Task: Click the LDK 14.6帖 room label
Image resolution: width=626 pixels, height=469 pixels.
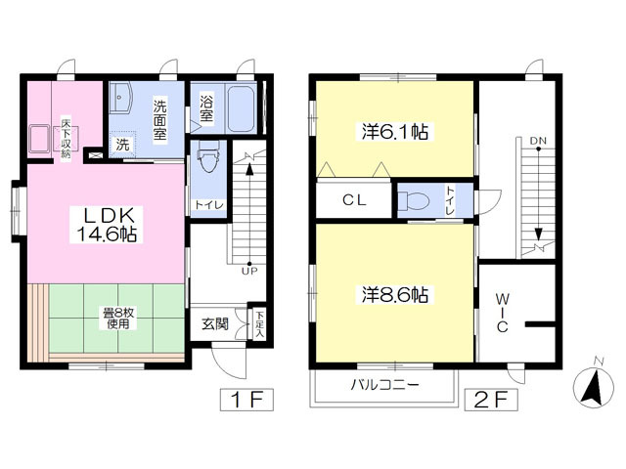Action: pyautogui.click(x=107, y=225)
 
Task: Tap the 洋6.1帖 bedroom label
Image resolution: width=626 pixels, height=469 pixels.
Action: pyautogui.click(x=395, y=132)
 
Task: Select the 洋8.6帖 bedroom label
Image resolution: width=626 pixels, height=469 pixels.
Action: pyautogui.click(x=395, y=295)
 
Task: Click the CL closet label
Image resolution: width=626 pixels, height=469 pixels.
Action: pyautogui.click(x=354, y=199)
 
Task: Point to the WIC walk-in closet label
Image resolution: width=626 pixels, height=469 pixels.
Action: pyautogui.click(x=502, y=313)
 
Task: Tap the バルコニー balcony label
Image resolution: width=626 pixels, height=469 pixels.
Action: pyautogui.click(x=385, y=385)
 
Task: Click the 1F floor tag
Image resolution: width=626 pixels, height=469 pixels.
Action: pyautogui.click(x=246, y=400)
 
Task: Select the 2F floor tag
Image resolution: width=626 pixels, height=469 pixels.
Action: pyautogui.click(x=491, y=400)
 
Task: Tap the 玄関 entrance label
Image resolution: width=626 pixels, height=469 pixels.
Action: pyautogui.click(x=215, y=323)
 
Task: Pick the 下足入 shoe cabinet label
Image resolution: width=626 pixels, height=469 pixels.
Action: pyautogui.click(x=260, y=324)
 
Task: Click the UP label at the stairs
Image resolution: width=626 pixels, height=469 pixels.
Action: pyautogui.click(x=249, y=272)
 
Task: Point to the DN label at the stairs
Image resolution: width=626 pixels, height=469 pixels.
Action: pyautogui.click(x=538, y=141)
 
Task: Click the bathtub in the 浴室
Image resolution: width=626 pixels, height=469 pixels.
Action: pyautogui.click(x=242, y=108)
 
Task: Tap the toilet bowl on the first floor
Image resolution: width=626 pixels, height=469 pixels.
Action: pyautogui.click(x=208, y=156)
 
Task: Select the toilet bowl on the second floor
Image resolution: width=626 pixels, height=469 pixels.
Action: pyautogui.click(x=414, y=200)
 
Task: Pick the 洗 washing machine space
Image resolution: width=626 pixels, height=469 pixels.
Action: pyautogui.click(x=122, y=144)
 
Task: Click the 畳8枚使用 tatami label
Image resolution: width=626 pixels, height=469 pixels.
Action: pyautogui.click(x=118, y=319)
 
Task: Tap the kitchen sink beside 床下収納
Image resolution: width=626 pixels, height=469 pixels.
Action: pyautogui.click(x=39, y=139)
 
